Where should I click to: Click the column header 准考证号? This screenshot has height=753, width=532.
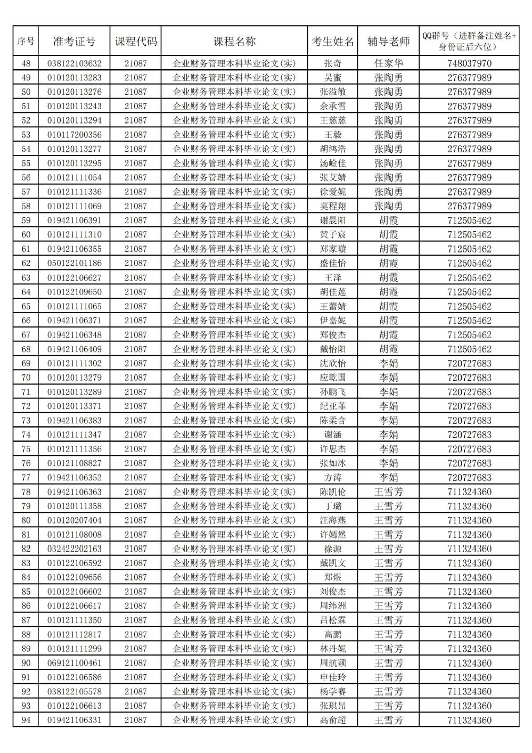tap(74, 42)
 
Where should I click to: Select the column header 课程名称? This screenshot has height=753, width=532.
tap(234, 42)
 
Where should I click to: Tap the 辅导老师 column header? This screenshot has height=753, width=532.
tap(388, 42)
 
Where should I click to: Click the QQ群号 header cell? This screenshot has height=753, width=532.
tap(469, 41)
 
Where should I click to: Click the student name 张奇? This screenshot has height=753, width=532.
tap(333, 63)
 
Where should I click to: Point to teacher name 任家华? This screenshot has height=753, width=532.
tap(388, 63)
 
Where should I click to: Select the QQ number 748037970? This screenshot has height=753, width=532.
tap(469, 63)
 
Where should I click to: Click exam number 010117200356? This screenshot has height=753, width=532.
tap(74, 135)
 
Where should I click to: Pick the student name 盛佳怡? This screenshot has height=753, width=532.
tap(333, 263)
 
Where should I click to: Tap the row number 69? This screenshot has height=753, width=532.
tap(26, 363)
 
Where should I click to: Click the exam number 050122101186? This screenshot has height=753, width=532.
tap(74, 263)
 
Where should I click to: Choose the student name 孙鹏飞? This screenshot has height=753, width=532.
tap(333, 392)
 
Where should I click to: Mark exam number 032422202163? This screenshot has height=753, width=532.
tap(74, 549)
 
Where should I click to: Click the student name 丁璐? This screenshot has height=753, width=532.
tap(333, 506)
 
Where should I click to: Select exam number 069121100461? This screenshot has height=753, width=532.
tap(74, 663)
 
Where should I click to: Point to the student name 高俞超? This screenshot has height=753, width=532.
tap(333, 720)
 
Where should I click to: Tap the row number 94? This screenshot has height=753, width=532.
tap(26, 720)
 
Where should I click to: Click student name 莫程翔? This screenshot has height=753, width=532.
tap(333, 206)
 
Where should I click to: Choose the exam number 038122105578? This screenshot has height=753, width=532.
tap(74, 691)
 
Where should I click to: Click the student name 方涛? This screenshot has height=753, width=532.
tap(333, 478)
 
